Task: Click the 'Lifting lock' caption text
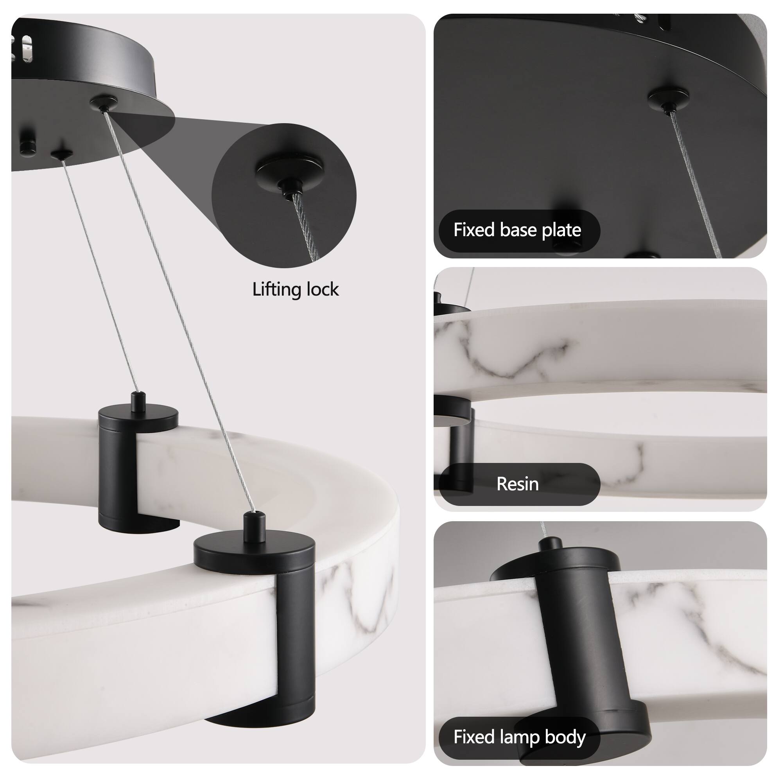pos(295,290)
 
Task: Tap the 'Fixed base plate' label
pos(517,230)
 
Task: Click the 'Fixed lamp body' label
pos(519,737)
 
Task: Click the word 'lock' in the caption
pos(322,290)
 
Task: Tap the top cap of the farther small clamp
pos(138,417)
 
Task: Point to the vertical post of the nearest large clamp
pos(298,640)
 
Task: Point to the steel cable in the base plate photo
pos(694,182)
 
